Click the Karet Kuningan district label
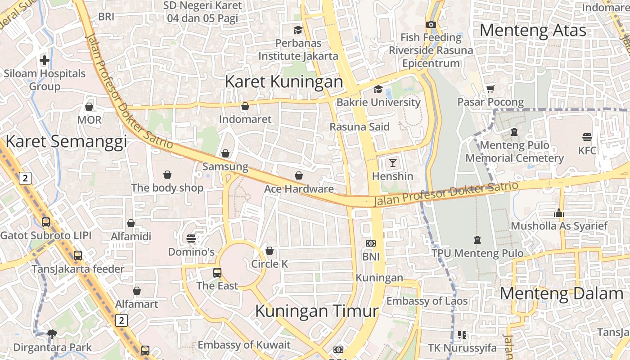283,82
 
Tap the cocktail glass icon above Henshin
393,162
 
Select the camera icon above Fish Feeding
431,24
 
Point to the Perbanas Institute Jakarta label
298,49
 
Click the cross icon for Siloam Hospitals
45,60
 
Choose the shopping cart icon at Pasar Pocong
490,89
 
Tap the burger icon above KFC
587,137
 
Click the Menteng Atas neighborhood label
533,31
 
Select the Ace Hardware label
299,189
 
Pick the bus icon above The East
217,272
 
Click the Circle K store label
270,264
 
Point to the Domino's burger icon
191,238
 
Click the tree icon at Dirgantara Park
52,334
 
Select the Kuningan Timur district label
317,311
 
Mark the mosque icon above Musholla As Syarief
559,213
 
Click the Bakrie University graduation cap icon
378,89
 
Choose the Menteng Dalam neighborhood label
562,294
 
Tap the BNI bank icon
371,243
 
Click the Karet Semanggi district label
66,142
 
